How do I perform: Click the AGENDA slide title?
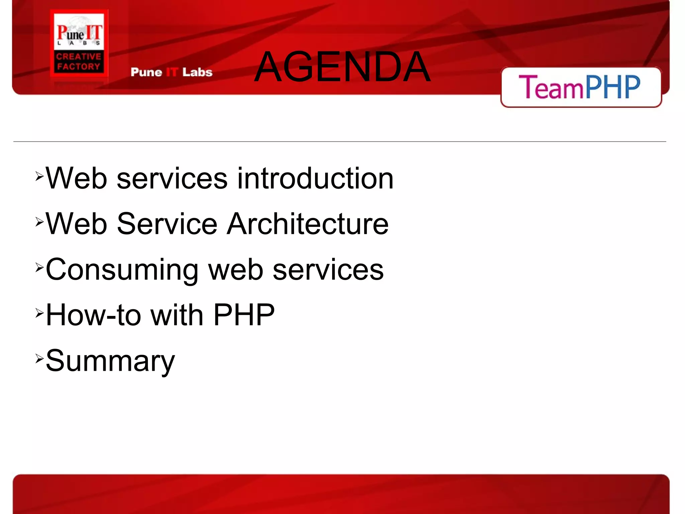pos(342,66)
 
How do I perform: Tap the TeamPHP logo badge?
pos(581,87)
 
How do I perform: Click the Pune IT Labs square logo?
pos(79,43)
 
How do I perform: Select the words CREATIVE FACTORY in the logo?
pos(79,62)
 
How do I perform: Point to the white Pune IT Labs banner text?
pos(171,72)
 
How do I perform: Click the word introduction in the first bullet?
pos(315,178)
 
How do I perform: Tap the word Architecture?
pos(308,224)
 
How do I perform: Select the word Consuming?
pos(122,270)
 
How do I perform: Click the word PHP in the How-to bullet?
pos(244,315)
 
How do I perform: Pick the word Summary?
pos(110,361)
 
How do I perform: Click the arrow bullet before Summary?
pos(39,358)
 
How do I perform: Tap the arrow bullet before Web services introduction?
pos(39,176)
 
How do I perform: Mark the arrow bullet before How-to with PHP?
pos(39,313)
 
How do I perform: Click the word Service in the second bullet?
pos(167,224)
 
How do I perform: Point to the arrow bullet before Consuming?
pos(39,267)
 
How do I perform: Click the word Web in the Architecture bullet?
pos(76,224)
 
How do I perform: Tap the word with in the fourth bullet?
pos(177,315)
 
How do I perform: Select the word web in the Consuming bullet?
pos(235,270)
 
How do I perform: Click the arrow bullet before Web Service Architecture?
pos(39,222)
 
